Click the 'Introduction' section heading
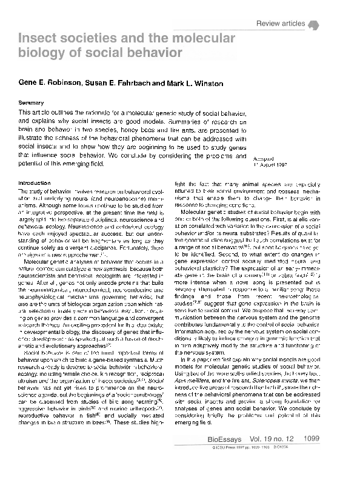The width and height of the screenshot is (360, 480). coord(35,182)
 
